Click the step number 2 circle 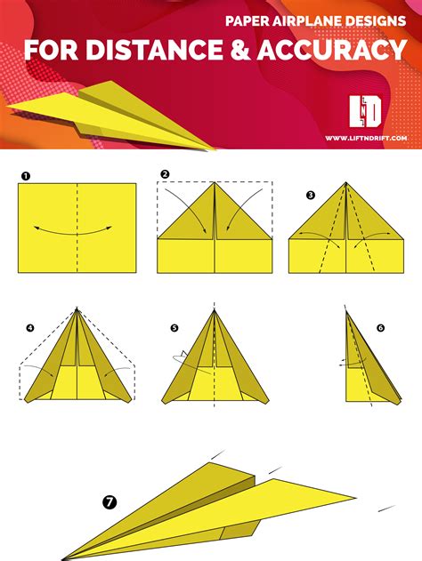click(165, 173)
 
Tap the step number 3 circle click(310, 194)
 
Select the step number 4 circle click(30, 328)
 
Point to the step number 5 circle click(174, 328)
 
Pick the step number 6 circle click(380, 327)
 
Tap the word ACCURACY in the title click(342, 50)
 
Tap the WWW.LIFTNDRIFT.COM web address click(365, 138)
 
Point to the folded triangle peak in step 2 click(215, 187)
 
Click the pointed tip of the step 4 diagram click(77, 309)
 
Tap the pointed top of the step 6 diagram click(346, 310)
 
